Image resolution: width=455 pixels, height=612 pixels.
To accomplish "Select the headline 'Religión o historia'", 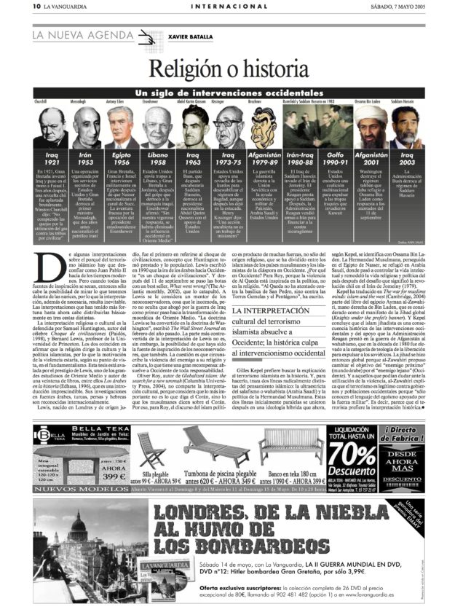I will coord(226,71).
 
